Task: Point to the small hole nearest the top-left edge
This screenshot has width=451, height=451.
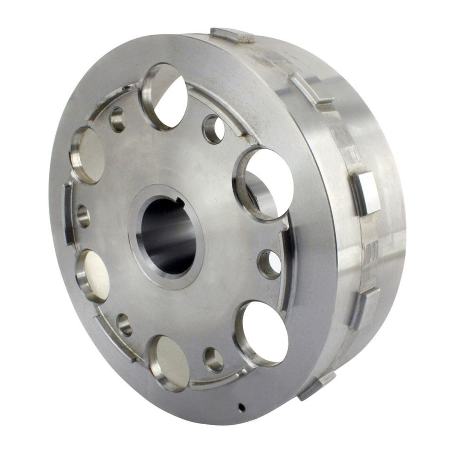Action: [x=118, y=119]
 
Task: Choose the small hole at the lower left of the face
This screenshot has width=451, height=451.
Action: [x=124, y=324]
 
